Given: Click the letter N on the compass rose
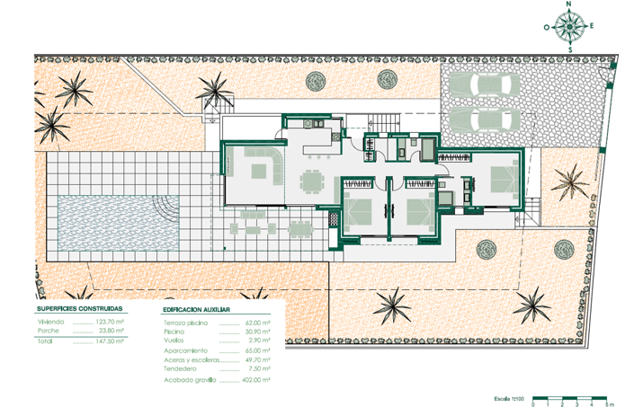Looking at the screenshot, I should (569, 4).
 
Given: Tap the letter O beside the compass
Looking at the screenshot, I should (546, 27).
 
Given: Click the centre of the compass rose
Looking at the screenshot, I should (569, 27).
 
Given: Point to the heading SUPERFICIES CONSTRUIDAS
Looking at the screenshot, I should (80, 307).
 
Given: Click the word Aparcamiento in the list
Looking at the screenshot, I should (186, 349).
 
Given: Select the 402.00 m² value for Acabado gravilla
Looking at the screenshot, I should (256, 379).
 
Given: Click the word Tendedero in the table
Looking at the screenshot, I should (183, 368).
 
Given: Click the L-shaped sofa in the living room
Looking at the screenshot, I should (258, 168).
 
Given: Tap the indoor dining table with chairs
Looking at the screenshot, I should (311, 181).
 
